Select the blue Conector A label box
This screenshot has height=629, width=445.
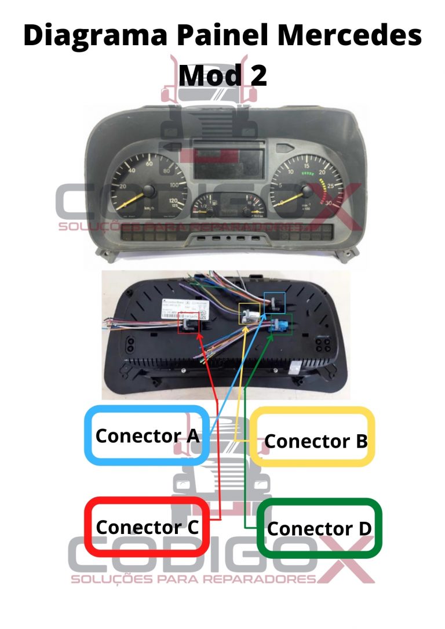coord(147,435)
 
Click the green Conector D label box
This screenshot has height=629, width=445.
coord(319,528)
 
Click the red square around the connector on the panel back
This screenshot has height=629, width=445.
coord(188,322)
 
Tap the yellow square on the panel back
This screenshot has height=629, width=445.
coord(250,314)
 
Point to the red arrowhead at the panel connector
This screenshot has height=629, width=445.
coord(200,337)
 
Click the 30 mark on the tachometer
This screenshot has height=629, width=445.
coord(329,203)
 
